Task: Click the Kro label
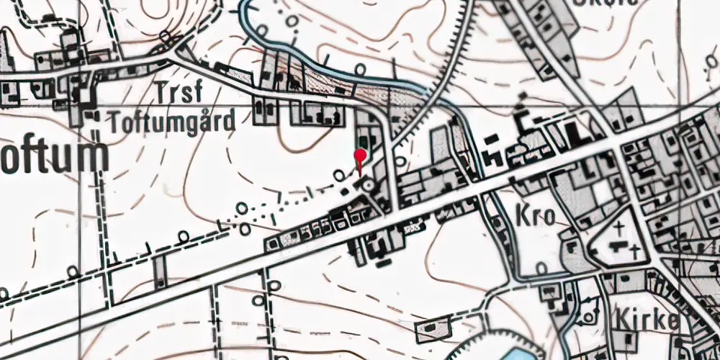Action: tap(535, 216)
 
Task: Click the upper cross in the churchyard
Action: tap(621, 230)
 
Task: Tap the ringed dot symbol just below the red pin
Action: tap(369, 186)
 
